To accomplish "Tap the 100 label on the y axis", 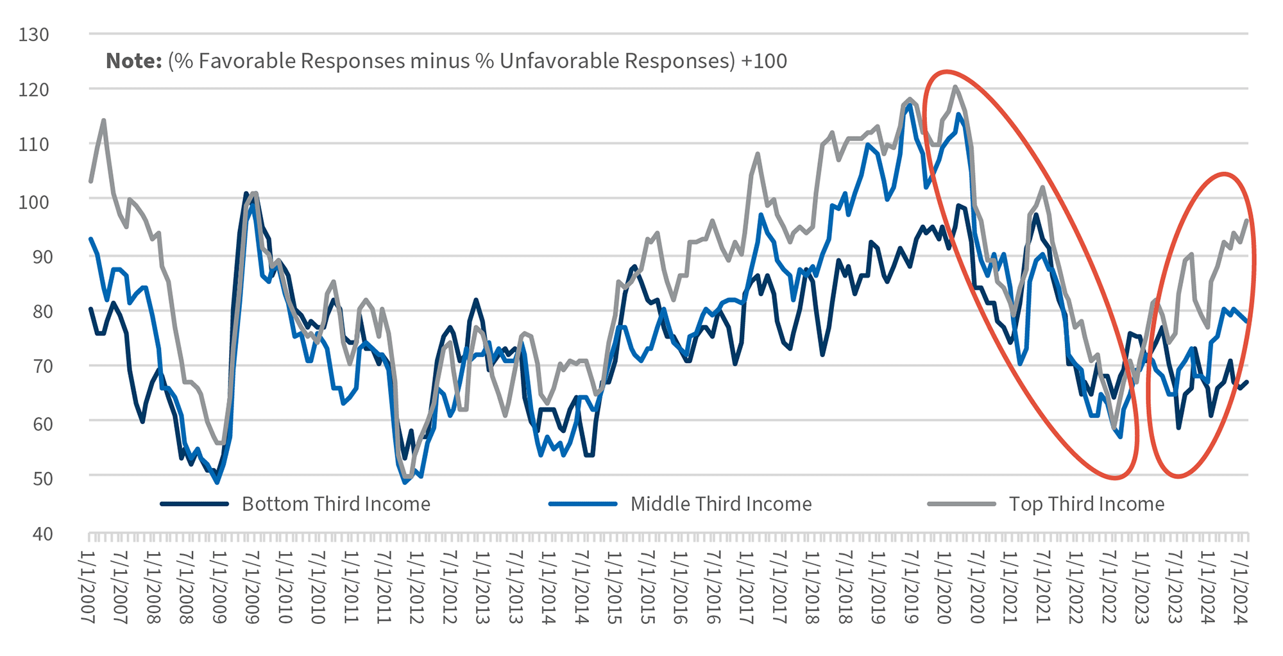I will pos(34,201).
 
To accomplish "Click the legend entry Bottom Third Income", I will pos(336,504).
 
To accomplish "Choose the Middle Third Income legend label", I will pos(720,504).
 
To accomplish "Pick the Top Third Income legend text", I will pos(1086,504).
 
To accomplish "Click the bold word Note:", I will pos(133,61).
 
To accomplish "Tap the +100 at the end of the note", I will pos(763,61).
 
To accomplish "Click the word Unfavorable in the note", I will pos(557,61).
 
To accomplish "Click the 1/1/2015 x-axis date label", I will pos(613,587).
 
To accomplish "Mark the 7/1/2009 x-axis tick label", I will pos(251,587).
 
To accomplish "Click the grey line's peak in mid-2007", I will pos(103,120).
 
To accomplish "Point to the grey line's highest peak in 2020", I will pos(955,87).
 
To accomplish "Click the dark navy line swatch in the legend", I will pos(194,504).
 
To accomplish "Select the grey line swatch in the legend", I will pos(961,504).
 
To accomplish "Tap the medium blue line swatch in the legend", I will pos(582,504).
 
